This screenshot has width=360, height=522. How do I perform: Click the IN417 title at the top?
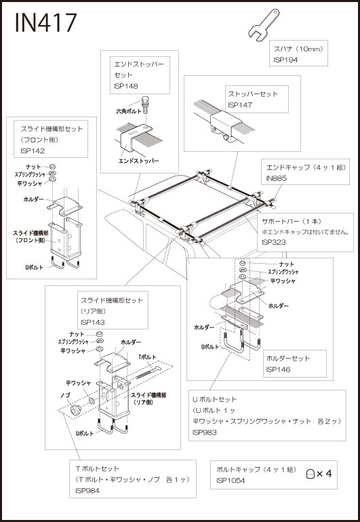coord(46,23)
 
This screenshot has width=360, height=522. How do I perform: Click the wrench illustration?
coord(264,25)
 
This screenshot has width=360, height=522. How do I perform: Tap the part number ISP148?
coord(125,86)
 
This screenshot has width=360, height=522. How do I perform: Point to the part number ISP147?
coord(240,105)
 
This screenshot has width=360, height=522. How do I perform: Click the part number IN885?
coord(276,178)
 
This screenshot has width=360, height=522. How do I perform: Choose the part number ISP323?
coord(273,242)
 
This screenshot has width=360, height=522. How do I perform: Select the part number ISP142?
coord(33,150)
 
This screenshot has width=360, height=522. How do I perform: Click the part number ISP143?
coord(93,322)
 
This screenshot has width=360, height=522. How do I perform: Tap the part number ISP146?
coord(278,369)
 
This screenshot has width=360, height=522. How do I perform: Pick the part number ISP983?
coord(205,433)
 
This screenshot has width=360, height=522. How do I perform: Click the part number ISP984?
coord(87,491)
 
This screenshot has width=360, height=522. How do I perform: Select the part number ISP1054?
coord(231,481)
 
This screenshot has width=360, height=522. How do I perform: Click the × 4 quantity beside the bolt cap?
coord(324,474)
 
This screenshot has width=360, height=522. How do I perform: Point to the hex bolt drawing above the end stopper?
coord(145,105)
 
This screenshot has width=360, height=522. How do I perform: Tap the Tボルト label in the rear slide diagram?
coord(147,357)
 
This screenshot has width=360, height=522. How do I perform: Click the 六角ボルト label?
coord(129,112)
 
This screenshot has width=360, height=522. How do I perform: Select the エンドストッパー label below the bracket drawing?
coord(138,161)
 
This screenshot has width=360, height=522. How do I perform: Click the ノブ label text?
coord(65,395)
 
